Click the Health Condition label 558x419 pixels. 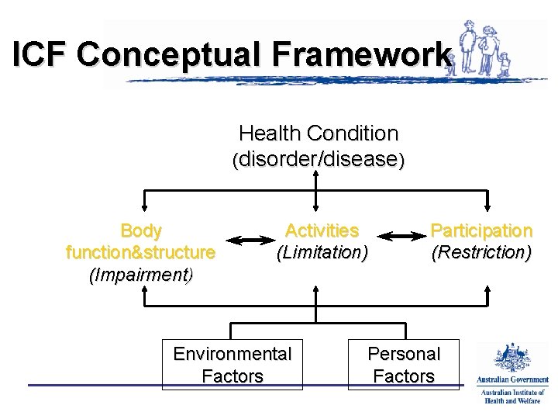[x=318, y=133]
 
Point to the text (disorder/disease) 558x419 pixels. [x=318, y=160]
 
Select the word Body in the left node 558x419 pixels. [x=141, y=231]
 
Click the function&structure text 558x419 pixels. [x=141, y=253]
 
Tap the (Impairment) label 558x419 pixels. [x=141, y=275]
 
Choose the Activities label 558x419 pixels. [x=322, y=231]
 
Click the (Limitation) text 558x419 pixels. [x=322, y=253]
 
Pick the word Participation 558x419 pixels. [x=481, y=231]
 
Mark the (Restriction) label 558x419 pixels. [x=481, y=253]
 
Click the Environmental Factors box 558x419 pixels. [x=232, y=365]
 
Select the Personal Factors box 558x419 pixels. [x=403, y=365]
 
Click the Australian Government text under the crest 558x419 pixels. [x=512, y=380]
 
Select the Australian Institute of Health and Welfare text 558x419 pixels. [x=512, y=396]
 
